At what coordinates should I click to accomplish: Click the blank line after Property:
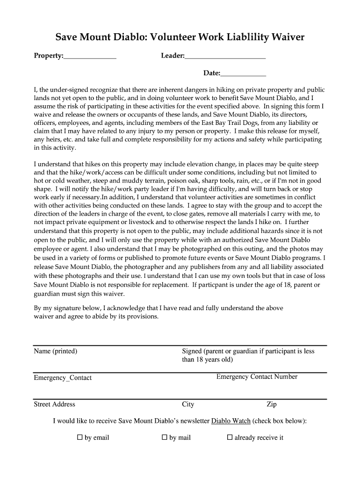tap(90, 57)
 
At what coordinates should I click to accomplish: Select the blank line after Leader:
tap(225, 57)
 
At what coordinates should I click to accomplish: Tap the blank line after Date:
tap(243, 74)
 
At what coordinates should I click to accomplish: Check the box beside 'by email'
tap(79, 438)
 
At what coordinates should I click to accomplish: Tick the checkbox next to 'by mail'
tap(164, 438)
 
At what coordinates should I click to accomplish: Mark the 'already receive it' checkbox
tap(230, 438)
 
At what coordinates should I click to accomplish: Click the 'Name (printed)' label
tap(55, 351)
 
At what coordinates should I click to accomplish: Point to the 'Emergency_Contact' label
tap(63, 378)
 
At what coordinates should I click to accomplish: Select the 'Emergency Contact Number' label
tap(257, 377)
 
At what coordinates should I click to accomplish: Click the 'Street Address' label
tap(54, 404)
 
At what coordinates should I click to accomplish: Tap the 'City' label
tap(188, 404)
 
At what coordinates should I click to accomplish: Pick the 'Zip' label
tap(271, 404)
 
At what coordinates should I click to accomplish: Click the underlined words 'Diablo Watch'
tap(231, 421)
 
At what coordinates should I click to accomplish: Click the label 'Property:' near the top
tap(49, 56)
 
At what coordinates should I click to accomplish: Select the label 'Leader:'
tap(173, 56)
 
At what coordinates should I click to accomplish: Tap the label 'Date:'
tap(211, 73)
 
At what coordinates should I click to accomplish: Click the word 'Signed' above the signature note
tap(192, 351)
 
